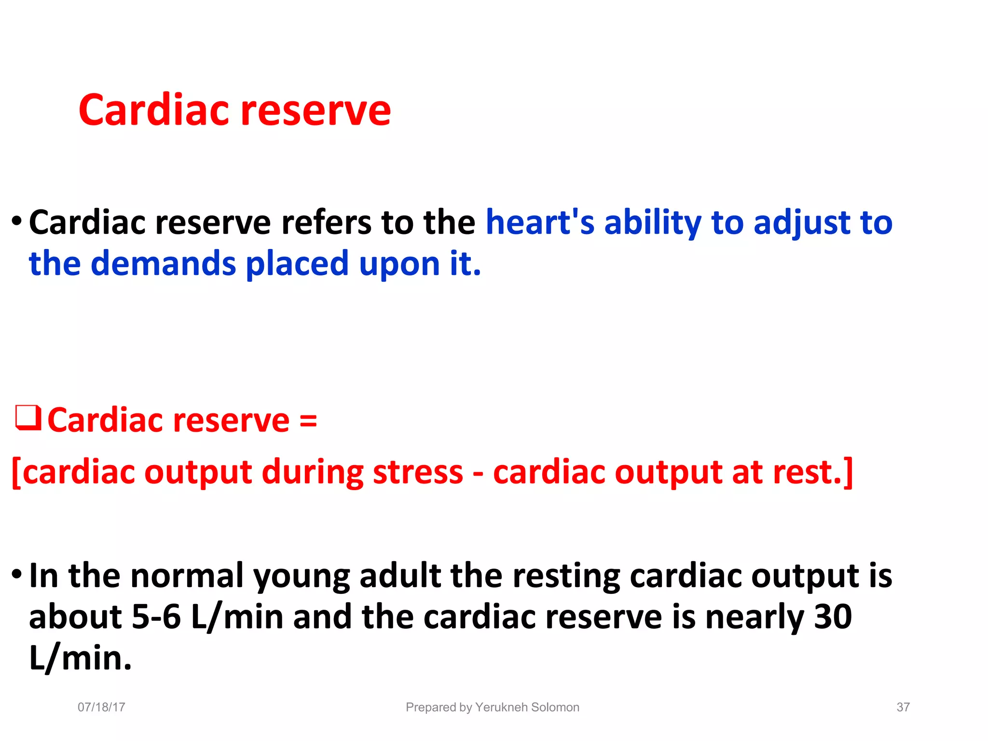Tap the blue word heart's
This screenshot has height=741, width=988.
click(x=540, y=223)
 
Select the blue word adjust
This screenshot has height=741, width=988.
click(x=801, y=223)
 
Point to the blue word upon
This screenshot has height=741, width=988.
click(x=399, y=264)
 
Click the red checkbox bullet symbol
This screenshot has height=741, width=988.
click(x=28, y=418)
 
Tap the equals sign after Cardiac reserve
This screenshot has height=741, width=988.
click(x=308, y=420)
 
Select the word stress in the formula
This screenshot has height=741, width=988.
click(x=418, y=472)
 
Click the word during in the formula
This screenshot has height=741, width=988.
click(x=312, y=472)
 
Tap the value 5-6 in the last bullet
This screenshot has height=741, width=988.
click(x=156, y=617)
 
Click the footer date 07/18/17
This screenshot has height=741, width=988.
click(x=101, y=707)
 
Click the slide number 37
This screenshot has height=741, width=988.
click(x=903, y=707)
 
